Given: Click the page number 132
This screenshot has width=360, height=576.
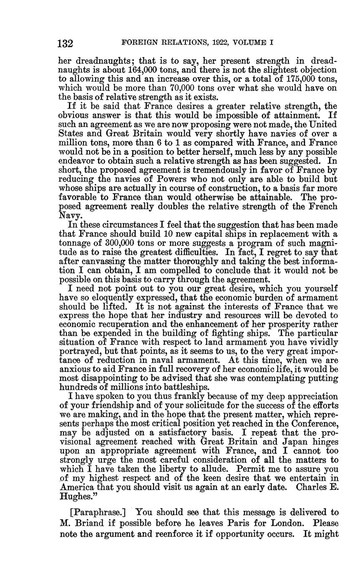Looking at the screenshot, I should pyautogui.click(x=65, y=43).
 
